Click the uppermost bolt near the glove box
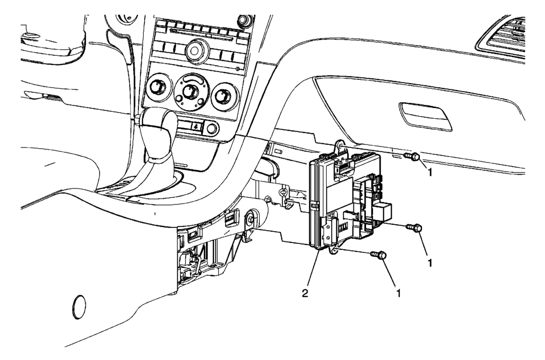coord(412,157)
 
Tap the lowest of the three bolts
coord(380,256)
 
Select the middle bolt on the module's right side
coord(413,228)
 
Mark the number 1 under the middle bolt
coord(430,263)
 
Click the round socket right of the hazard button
coord(212,128)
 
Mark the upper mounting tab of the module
coord(338,145)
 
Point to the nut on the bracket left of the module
coord(249,219)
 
